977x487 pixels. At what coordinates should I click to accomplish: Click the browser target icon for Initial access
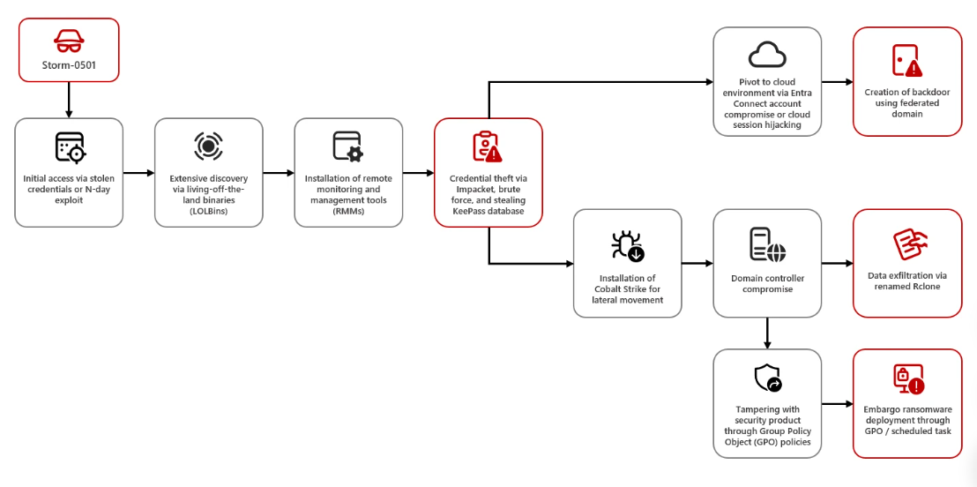(70, 148)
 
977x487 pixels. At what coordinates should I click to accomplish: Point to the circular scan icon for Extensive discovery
(209, 146)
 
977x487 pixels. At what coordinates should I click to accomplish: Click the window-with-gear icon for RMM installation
(347, 147)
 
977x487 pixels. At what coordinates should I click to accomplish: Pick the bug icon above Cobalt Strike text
(627, 245)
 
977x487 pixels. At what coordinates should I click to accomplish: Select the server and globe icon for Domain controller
(767, 244)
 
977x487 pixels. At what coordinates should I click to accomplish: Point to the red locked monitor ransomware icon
(907, 378)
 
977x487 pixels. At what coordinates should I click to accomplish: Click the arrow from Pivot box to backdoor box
(837, 82)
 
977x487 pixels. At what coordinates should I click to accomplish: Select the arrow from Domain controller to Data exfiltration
(837, 263)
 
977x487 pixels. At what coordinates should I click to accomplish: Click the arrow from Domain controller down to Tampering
(767, 333)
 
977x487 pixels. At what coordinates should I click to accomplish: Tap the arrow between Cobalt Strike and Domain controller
(697, 263)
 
